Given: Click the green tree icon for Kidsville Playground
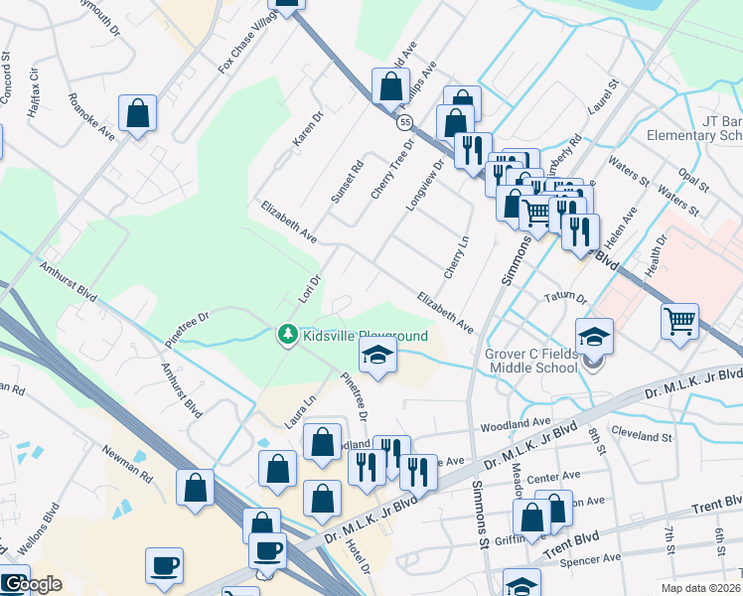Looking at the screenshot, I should (x=288, y=335).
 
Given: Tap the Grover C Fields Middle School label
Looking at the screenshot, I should (x=530, y=361).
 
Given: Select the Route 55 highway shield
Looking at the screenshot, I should (x=404, y=122).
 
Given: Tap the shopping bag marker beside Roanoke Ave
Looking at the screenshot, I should (x=138, y=114).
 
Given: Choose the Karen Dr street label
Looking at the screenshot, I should (x=309, y=130).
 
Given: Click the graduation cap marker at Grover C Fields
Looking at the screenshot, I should (x=595, y=338).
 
